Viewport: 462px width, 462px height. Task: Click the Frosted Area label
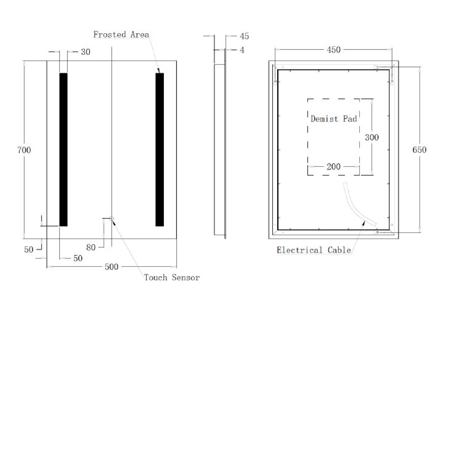click(121, 34)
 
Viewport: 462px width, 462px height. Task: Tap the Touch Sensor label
click(172, 277)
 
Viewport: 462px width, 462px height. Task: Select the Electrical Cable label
click(314, 250)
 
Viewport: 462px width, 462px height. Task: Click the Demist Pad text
click(333, 119)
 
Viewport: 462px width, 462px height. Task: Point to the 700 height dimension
click(24, 150)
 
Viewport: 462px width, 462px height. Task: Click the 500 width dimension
click(111, 267)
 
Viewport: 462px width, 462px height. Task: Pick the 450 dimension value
click(333, 49)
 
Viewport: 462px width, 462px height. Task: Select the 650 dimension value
click(419, 150)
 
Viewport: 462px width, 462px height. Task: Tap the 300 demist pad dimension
click(371, 137)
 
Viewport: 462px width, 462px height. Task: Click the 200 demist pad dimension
click(333, 166)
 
